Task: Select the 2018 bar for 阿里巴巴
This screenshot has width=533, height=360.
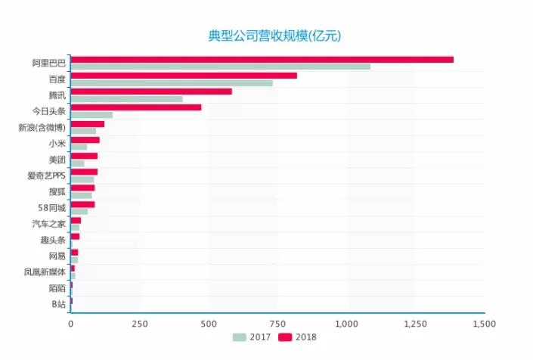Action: point(262,60)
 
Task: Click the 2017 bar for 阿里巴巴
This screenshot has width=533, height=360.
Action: point(220,67)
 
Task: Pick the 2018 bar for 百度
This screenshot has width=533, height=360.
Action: point(184,76)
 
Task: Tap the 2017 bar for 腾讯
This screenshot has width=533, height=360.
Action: point(126,99)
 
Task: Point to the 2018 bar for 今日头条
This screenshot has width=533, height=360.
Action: point(136,107)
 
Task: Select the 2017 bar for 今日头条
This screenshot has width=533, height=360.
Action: point(91,115)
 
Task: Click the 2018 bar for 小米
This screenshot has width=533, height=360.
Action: point(85,140)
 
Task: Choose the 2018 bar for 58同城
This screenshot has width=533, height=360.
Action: point(82,204)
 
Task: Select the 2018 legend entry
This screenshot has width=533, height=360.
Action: point(298,337)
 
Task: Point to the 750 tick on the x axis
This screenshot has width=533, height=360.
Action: point(277,324)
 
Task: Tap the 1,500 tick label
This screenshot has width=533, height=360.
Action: point(484,324)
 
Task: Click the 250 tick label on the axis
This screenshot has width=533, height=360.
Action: point(139,324)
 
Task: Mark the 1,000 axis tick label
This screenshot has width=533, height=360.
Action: point(346,324)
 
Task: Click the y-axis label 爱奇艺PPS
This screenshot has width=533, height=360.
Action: point(46,175)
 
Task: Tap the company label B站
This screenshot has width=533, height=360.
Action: point(57,304)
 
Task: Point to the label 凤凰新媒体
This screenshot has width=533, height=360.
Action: point(45,272)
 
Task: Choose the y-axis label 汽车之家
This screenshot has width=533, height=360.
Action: point(48,224)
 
